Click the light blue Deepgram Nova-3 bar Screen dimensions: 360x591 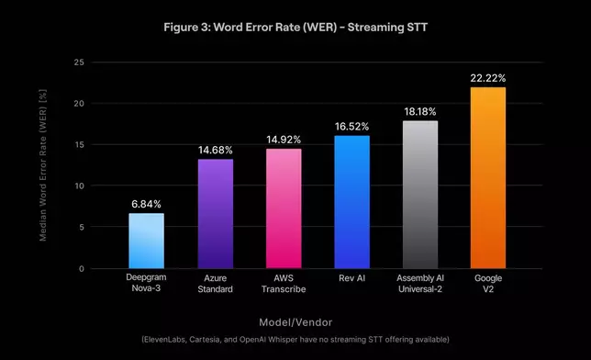point(146,241)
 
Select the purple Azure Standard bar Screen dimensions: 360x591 point(215,214)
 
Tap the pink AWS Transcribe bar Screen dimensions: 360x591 point(284,208)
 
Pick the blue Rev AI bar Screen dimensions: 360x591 point(351,202)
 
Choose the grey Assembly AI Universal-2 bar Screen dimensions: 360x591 point(420,195)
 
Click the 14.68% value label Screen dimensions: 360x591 point(215,148)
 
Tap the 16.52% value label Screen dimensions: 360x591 point(351,126)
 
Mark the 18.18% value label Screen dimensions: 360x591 point(420,111)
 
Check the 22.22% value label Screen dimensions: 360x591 point(488,78)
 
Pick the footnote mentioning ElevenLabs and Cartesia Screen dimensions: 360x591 point(296,340)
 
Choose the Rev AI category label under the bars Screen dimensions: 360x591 point(351,277)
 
